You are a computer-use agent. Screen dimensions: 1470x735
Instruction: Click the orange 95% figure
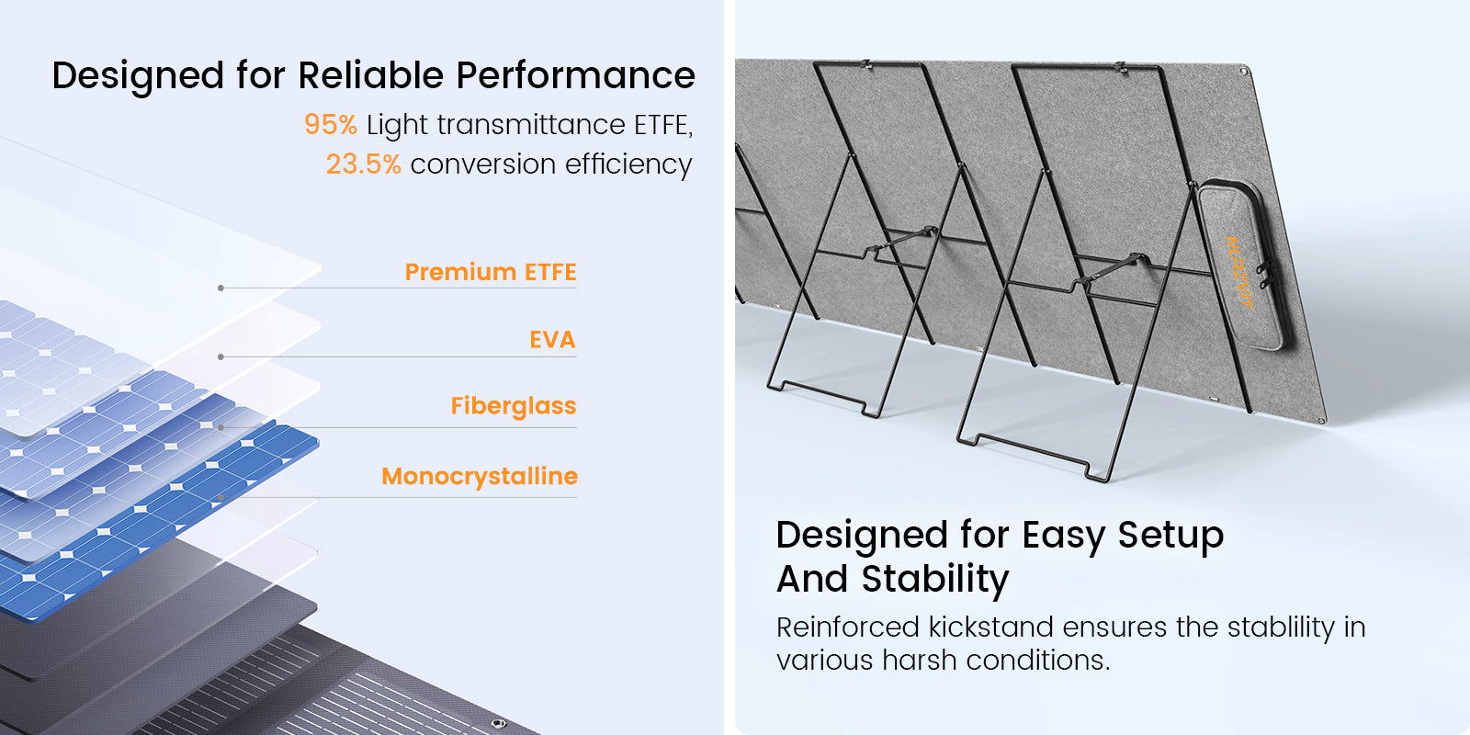tap(331, 124)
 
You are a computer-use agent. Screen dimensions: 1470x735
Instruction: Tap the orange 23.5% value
tap(364, 164)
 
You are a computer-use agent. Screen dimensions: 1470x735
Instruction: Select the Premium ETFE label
tap(491, 272)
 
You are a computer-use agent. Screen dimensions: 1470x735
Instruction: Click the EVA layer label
tap(552, 339)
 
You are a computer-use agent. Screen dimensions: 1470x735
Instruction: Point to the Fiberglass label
tap(514, 406)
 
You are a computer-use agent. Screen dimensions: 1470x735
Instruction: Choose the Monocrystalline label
tap(480, 477)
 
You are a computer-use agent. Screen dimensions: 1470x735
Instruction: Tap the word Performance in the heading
tap(575, 74)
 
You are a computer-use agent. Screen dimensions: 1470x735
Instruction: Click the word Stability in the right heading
tap(934, 580)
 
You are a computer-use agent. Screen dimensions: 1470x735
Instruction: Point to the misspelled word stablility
tap(1281, 628)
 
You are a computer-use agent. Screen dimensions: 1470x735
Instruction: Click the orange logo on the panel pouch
tap(1239, 272)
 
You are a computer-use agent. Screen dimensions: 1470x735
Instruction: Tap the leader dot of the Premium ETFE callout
tap(221, 288)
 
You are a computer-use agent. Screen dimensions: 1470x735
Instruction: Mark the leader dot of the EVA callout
tap(221, 357)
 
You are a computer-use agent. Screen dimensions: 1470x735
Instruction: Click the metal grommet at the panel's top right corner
tap(1242, 70)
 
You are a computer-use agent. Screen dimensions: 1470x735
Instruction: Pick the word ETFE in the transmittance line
tap(662, 125)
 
